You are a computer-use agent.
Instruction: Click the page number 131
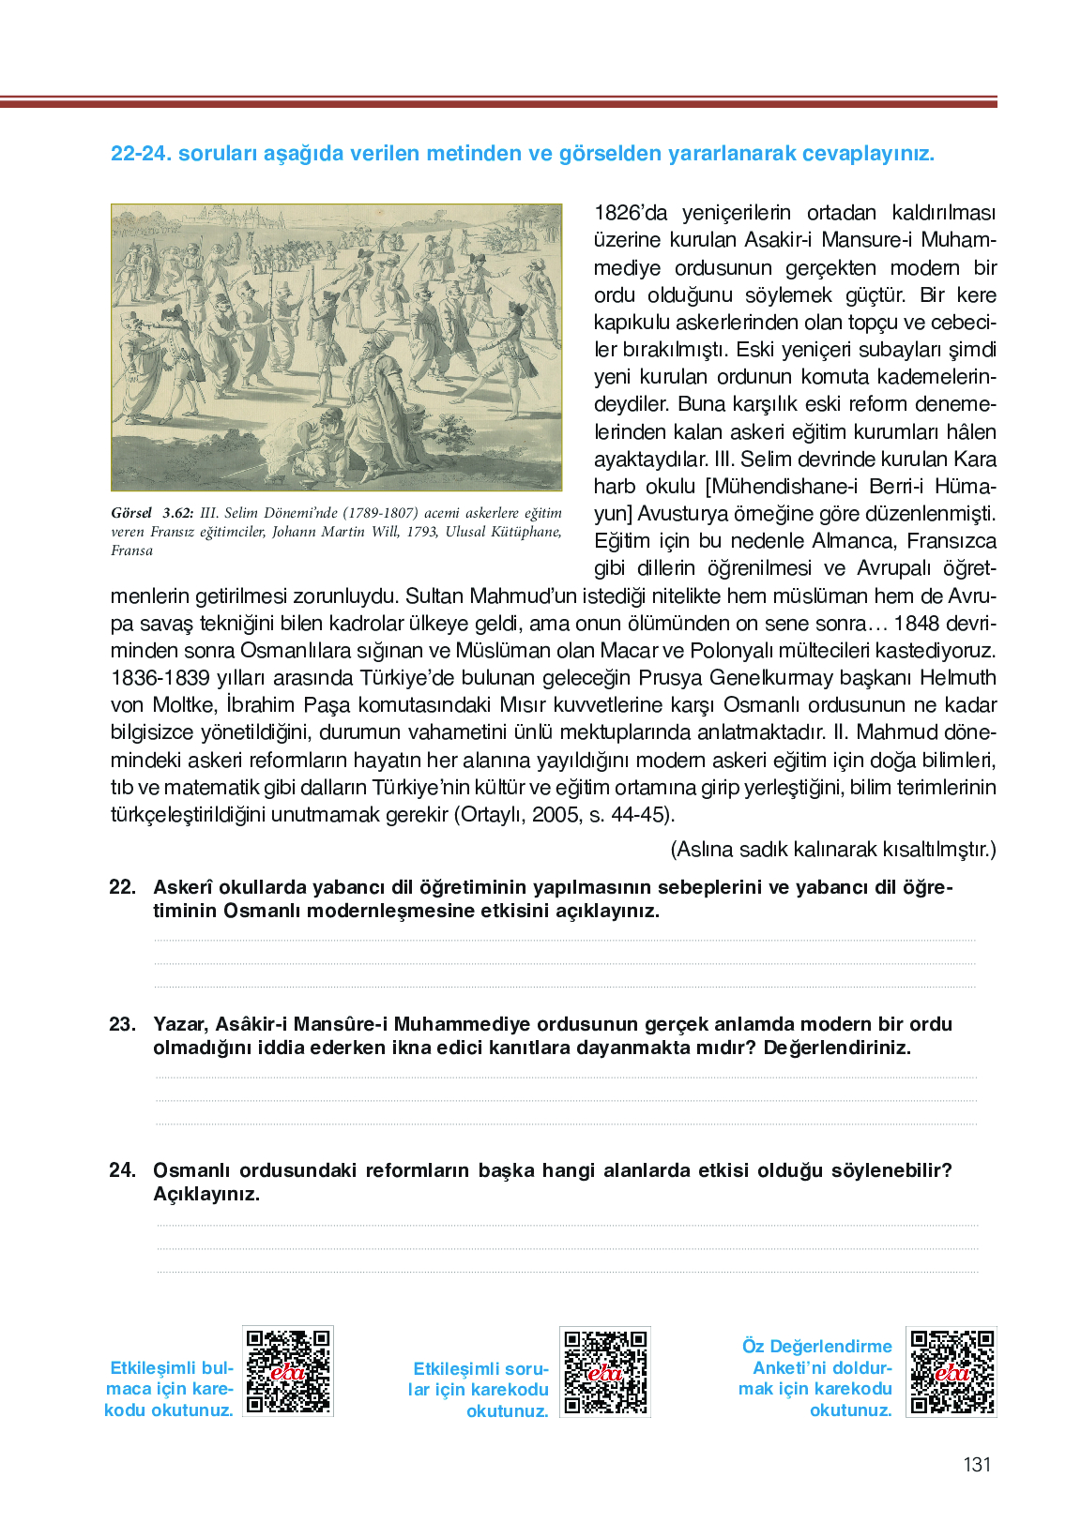pyautogui.click(x=977, y=1464)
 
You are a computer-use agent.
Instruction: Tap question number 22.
pyautogui.click(x=122, y=887)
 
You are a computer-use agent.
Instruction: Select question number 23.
pyautogui.click(x=122, y=1024)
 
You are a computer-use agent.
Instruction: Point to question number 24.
pyautogui.click(x=122, y=1170)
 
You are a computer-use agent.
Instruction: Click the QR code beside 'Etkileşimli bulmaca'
pyautogui.click(x=288, y=1371)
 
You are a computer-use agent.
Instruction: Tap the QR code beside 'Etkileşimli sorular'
pyautogui.click(x=605, y=1371)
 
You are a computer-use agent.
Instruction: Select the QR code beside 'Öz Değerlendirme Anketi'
pyautogui.click(x=952, y=1371)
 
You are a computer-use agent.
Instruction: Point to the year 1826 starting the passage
pyautogui.click(x=617, y=213)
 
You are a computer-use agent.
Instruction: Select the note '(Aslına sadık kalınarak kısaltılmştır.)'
pyautogui.click(x=832, y=850)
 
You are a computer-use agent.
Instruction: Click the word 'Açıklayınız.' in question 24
pyautogui.click(x=206, y=1194)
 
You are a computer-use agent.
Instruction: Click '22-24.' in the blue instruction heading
pyautogui.click(x=141, y=154)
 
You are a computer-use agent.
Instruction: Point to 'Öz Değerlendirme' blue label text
pyautogui.click(x=816, y=1347)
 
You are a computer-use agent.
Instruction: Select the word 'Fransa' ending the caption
pyautogui.click(x=131, y=550)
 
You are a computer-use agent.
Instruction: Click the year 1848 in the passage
pyautogui.click(x=917, y=624)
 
